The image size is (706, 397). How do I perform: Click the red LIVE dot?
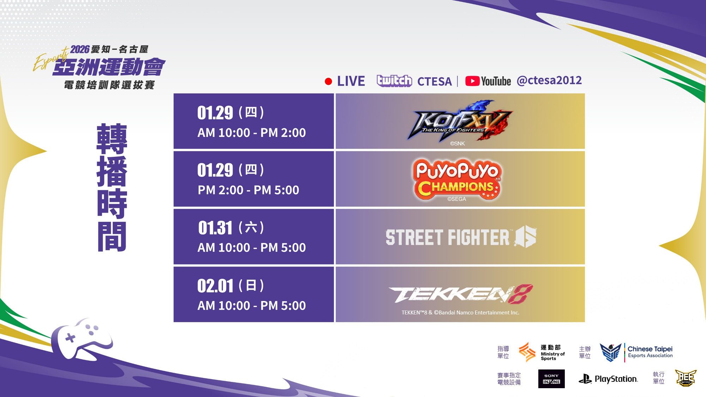pyautogui.click(x=328, y=82)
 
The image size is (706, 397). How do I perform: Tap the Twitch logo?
pyautogui.click(x=394, y=81)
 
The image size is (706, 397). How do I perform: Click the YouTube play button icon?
pyautogui.click(x=472, y=81)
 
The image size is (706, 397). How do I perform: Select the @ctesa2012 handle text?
pyautogui.click(x=549, y=80)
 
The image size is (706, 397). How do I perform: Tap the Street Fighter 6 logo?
pyautogui.click(x=461, y=237)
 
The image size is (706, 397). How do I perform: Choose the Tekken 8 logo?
pyautogui.click(x=461, y=294)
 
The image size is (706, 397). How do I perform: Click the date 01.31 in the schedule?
pyautogui.click(x=215, y=228)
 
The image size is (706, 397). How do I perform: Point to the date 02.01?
pyautogui.click(x=215, y=286)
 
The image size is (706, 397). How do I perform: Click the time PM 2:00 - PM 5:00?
pyautogui.click(x=248, y=190)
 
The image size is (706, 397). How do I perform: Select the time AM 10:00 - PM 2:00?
pyautogui.click(x=251, y=133)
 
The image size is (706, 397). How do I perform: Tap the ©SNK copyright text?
pyautogui.click(x=457, y=143)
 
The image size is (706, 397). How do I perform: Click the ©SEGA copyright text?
pyautogui.click(x=457, y=199)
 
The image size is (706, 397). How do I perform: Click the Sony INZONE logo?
pyautogui.click(x=551, y=379)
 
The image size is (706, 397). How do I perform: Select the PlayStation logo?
pyautogui.click(x=608, y=379)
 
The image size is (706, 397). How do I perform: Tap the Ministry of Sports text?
pyautogui.click(x=553, y=356)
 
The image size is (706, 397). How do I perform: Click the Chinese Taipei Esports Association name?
pyautogui.click(x=650, y=352)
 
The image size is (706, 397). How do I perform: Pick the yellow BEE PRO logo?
pyautogui.click(x=686, y=378)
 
